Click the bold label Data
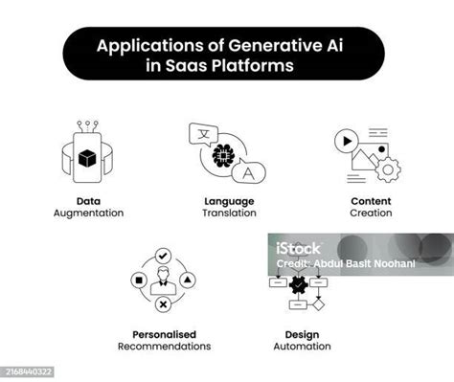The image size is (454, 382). tap(88, 201)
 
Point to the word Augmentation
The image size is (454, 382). tap(88, 213)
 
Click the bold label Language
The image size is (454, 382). tap(228, 201)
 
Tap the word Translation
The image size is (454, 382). tap(228, 213)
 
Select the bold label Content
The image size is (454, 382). tap(370, 201)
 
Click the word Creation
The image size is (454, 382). tap(370, 213)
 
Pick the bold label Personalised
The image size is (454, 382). tap(164, 334)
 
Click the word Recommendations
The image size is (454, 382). tap(164, 346)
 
